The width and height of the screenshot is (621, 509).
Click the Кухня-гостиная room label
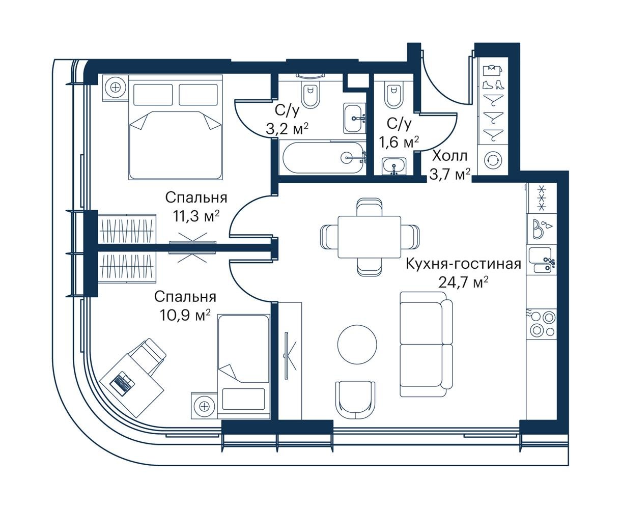(x=464, y=264)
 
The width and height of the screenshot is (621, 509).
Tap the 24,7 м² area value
(x=464, y=282)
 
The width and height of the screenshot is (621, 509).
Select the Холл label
(x=449, y=156)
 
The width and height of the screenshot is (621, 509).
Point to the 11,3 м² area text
(x=196, y=216)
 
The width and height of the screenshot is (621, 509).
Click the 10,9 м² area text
(x=185, y=315)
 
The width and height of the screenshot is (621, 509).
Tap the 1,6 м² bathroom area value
(x=399, y=143)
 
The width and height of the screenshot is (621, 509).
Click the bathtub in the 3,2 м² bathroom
(x=323, y=158)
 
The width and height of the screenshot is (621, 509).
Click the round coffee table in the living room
(x=357, y=344)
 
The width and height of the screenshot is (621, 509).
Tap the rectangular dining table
(x=369, y=237)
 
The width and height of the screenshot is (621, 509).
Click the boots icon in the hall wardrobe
(x=493, y=85)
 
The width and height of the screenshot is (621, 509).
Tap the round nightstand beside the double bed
(x=116, y=88)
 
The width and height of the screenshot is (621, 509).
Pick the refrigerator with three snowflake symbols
(x=542, y=198)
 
